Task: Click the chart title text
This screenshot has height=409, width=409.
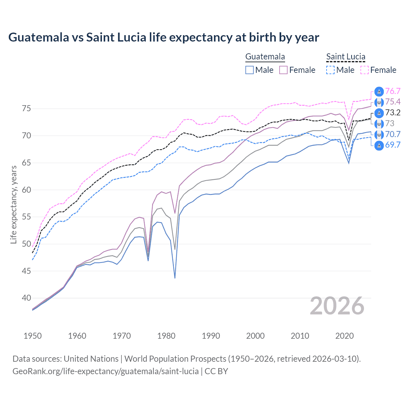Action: click(x=164, y=37)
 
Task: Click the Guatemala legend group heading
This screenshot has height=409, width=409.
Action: click(x=265, y=57)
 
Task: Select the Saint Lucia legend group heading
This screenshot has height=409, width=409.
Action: click(x=345, y=57)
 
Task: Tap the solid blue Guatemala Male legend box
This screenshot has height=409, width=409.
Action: click(x=250, y=70)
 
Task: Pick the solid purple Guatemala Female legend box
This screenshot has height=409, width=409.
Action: click(x=283, y=70)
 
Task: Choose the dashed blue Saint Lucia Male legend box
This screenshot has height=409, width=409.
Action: click(x=330, y=70)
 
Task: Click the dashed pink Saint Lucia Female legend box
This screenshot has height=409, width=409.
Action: click(x=364, y=70)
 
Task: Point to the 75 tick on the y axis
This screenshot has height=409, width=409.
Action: click(x=27, y=109)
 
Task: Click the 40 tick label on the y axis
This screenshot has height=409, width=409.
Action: click(x=27, y=298)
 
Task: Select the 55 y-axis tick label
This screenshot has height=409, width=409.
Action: click(x=27, y=217)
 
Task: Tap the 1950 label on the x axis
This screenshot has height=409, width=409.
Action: click(x=33, y=336)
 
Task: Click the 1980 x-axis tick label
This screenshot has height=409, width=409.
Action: click(x=166, y=336)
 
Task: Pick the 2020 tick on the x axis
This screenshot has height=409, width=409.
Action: click(x=344, y=336)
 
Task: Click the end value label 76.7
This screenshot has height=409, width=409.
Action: click(x=393, y=91)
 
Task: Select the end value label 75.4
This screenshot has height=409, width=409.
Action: click(x=393, y=102)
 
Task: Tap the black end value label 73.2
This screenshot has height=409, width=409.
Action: click(x=393, y=113)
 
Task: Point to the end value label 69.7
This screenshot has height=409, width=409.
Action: click(x=393, y=145)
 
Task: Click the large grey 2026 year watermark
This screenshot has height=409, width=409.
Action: click(x=337, y=306)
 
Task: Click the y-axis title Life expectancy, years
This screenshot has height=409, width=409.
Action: click(x=13, y=204)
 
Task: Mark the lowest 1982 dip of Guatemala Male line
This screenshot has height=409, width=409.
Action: click(x=175, y=278)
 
